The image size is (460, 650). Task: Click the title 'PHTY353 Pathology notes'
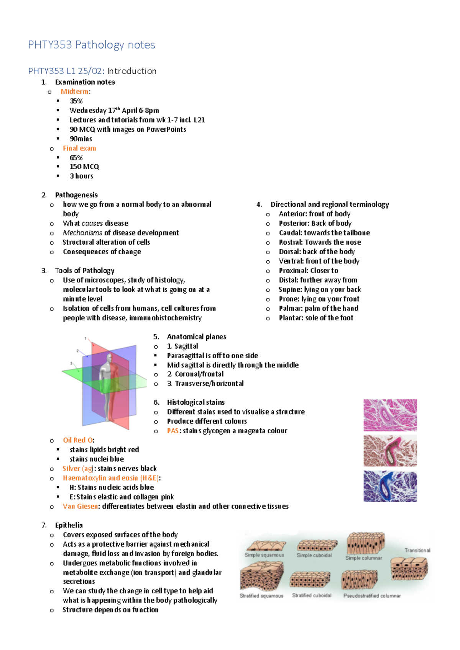(x=91, y=45)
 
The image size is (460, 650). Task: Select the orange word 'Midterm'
(x=75, y=91)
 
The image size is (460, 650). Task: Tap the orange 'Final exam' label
(x=79, y=148)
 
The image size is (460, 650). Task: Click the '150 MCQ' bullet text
(x=84, y=167)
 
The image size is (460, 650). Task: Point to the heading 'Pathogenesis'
(x=76, y=195)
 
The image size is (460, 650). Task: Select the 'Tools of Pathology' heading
(x=85, y=271)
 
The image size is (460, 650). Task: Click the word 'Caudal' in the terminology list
(x=290, y=233)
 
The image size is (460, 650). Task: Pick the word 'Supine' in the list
(x=290, y=289)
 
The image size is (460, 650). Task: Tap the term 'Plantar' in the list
(x=291, y=318)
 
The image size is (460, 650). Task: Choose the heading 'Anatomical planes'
(x=196, y=337)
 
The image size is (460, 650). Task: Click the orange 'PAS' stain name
(x=172, y=431)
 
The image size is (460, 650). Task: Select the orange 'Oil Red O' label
(x=78, y=440)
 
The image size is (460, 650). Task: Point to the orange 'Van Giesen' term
(x=80, y=506)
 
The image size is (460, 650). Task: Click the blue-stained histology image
(x=390, y=486)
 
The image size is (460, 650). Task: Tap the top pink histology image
(x=390, y=415)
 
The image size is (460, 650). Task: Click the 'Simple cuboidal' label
(x=314, y=555)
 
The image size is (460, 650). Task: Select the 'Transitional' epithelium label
(x=417, y=550)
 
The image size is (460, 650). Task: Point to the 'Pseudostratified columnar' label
(x=372, y=596)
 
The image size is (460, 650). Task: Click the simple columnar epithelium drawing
(x=365, y=543)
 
